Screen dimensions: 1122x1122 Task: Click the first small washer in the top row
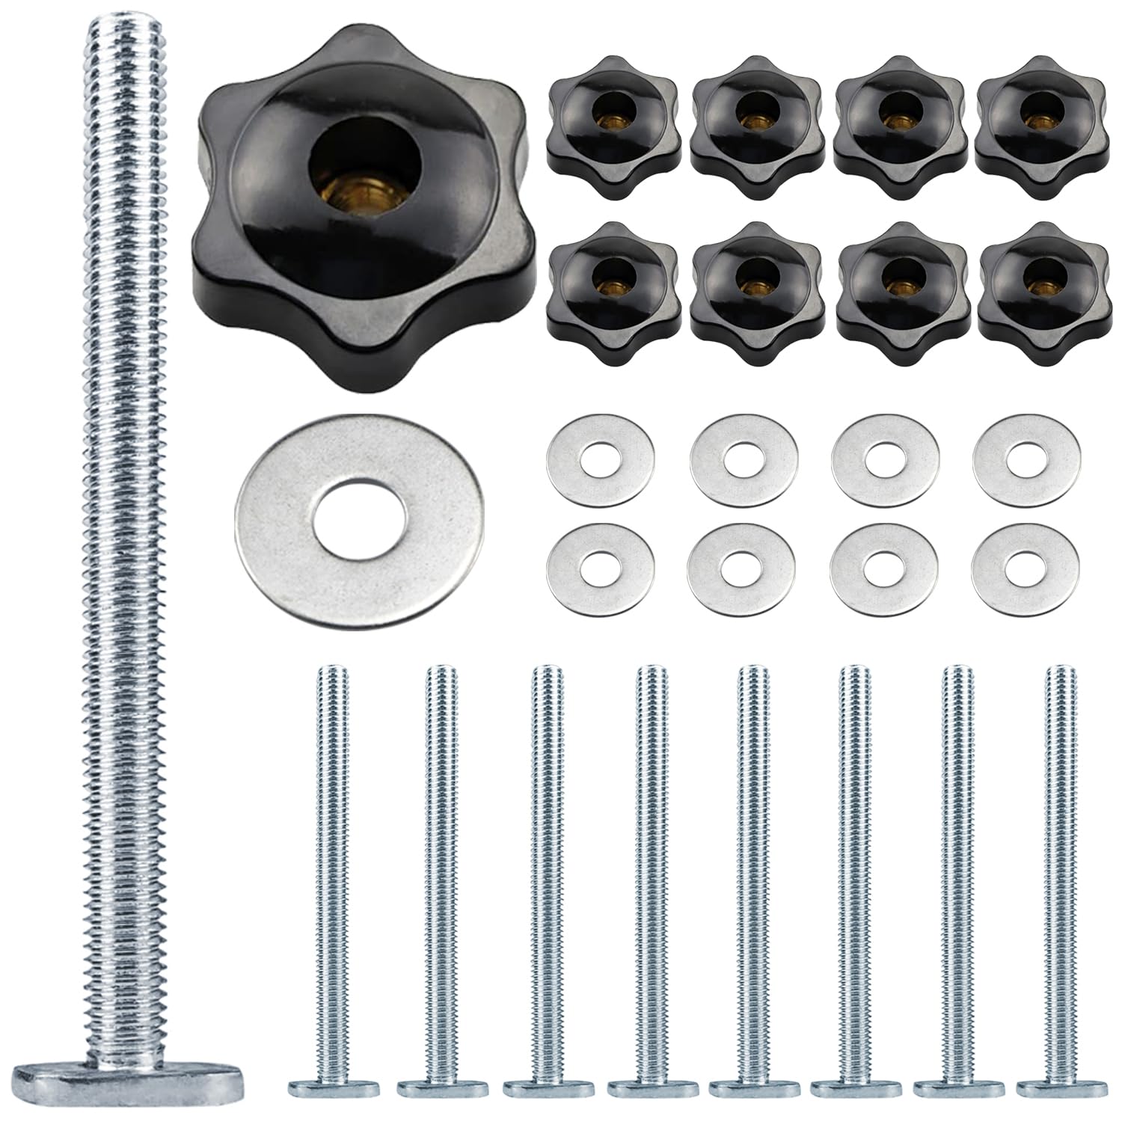601,456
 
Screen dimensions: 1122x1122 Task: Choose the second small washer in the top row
744,456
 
